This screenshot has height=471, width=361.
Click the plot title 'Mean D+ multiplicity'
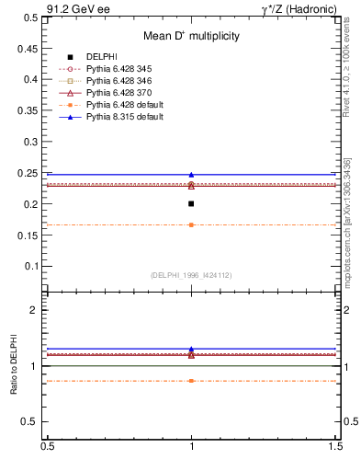coord(191,36)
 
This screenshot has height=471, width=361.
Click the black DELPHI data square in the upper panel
coord(191,203)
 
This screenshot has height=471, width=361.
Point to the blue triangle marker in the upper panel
coord(191,174)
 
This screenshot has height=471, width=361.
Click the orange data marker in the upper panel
coord(191,224)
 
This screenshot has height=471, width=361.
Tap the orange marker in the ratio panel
coord(191,380)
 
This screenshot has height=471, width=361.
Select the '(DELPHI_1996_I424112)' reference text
coord(191,274)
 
